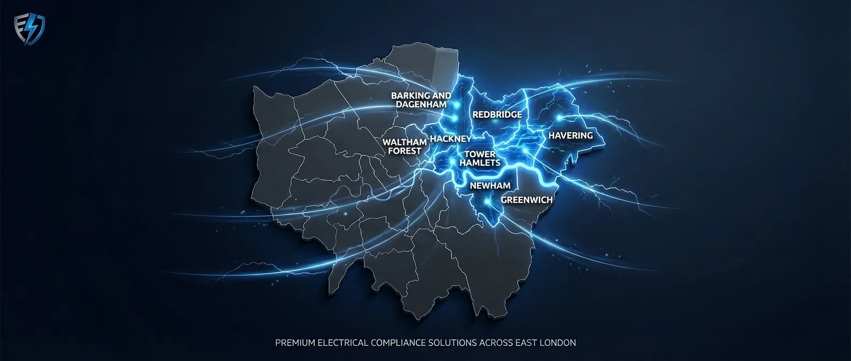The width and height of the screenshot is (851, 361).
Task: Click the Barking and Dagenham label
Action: pos(421,100)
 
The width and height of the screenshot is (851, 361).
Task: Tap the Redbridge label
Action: pos(497,114)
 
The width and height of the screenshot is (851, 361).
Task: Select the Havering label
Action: pos(571,135)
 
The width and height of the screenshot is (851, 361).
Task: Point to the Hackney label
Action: pos(450,139)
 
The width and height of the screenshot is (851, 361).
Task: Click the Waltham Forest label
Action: pos(405,147)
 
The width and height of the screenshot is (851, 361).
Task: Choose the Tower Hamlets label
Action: pos(480,158)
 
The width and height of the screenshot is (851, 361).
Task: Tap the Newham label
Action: pos(490,186)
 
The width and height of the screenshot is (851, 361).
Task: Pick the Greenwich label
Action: pos(527,200)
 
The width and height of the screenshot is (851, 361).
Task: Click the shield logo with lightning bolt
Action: pos(29,29)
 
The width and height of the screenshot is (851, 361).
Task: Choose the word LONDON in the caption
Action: pos(559,343)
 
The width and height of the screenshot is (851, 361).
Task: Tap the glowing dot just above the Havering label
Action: pos(559,117)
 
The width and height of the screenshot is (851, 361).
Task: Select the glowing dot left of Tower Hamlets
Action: pos(453,160)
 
